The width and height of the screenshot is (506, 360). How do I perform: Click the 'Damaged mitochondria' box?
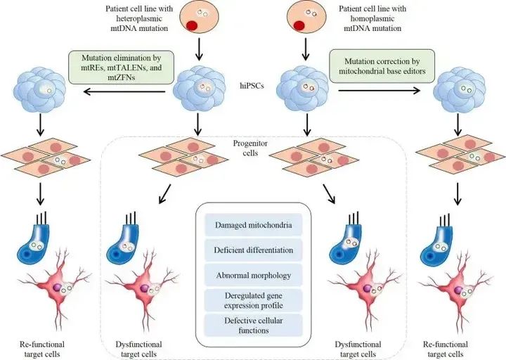(x=254, y=225)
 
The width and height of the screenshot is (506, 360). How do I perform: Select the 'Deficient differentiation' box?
(x=254, y=250)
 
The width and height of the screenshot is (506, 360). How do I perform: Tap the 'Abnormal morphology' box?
(x=254, y=274)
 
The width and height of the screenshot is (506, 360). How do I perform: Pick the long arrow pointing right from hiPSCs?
(x=379, y=91)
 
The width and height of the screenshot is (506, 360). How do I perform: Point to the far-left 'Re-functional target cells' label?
(x=41, y=349)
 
